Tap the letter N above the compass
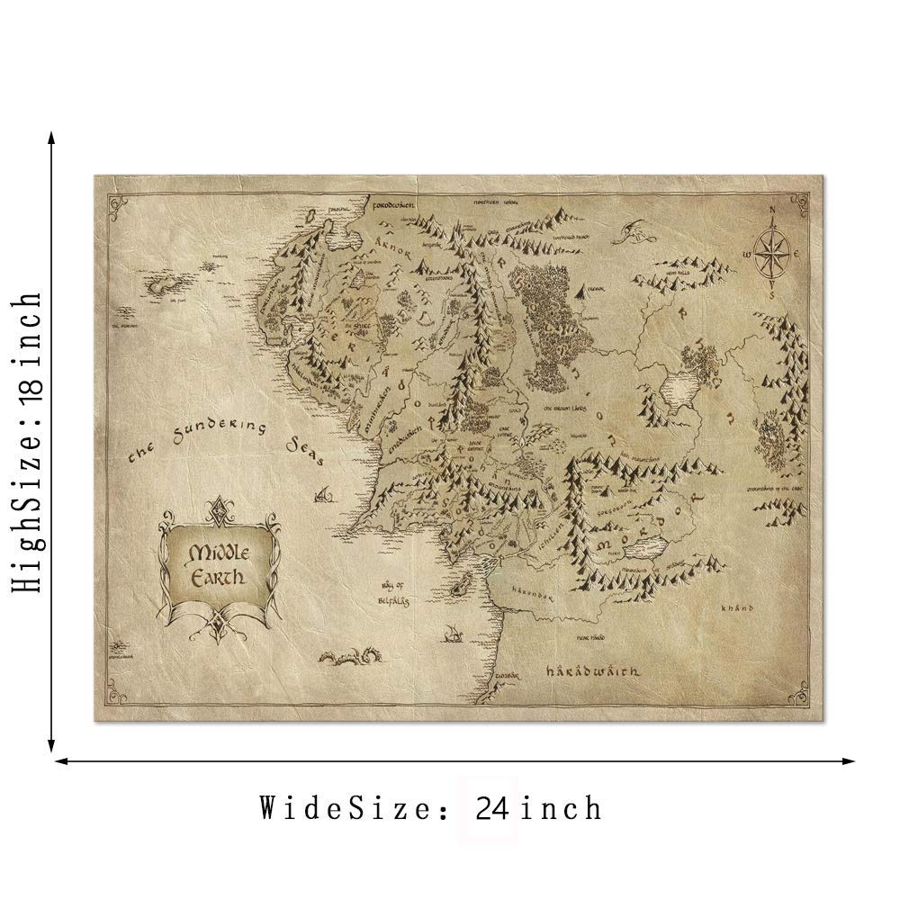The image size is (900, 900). [771, 212]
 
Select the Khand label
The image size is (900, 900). [734, 608]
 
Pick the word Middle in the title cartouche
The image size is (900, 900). [216, 551]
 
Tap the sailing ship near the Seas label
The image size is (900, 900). [324, 493]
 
